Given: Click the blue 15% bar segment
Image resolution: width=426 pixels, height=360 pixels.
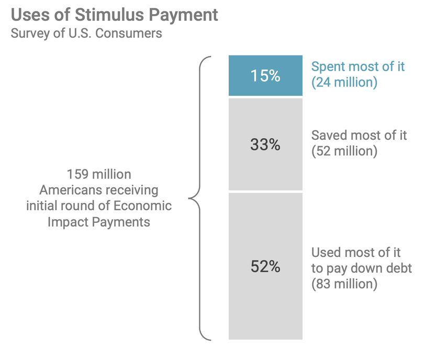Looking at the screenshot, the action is [x=265, y=75].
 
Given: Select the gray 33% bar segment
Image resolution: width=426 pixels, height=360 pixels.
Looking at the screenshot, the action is [x=265, y=144].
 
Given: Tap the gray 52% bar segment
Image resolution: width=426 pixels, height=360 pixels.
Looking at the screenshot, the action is [x=265, y=266].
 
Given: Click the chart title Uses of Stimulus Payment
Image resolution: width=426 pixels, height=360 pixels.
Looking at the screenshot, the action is [x=115, y=15].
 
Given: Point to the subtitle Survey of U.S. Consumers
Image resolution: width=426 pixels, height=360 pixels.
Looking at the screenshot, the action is [x=86, y=33].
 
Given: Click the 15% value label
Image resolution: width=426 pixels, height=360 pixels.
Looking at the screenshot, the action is [x=265, y=75].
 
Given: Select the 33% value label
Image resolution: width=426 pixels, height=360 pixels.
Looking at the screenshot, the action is [x=265, y=144].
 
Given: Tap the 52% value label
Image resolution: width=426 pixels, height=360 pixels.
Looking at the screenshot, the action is [x=265, y=266].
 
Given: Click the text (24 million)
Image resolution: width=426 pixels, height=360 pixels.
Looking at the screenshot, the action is [x=344, y=82].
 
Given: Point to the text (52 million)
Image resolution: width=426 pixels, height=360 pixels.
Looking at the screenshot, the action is [x=344, y=151].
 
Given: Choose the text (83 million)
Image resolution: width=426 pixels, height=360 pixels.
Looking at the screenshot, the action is [x=344, y=284].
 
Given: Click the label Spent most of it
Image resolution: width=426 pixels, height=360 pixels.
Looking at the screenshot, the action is [x=358, y=66].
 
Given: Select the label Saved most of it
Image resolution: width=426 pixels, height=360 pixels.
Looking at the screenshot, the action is [x=359, y=136].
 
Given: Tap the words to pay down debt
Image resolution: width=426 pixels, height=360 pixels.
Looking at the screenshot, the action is [x=361, y=268].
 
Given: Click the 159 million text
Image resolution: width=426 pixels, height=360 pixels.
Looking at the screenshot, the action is [x=99, y=174].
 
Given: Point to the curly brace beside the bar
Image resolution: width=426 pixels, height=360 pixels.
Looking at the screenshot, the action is [x=200, y=198].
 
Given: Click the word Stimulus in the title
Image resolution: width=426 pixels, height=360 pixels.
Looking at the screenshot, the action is [x=109, y=15].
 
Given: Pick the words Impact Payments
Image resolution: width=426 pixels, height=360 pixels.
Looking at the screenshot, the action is [x=99, y=222].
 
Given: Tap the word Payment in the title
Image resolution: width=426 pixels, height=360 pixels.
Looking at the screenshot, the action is [x=183, y=16].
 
